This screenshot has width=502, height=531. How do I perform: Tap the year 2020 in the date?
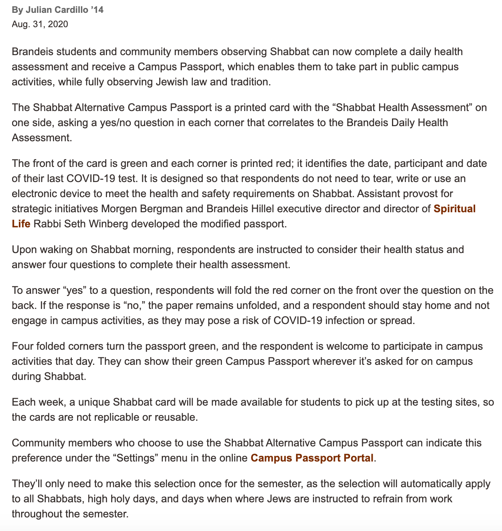(x=58, y=25)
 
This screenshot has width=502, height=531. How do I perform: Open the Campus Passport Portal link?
(x=312, y=458)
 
